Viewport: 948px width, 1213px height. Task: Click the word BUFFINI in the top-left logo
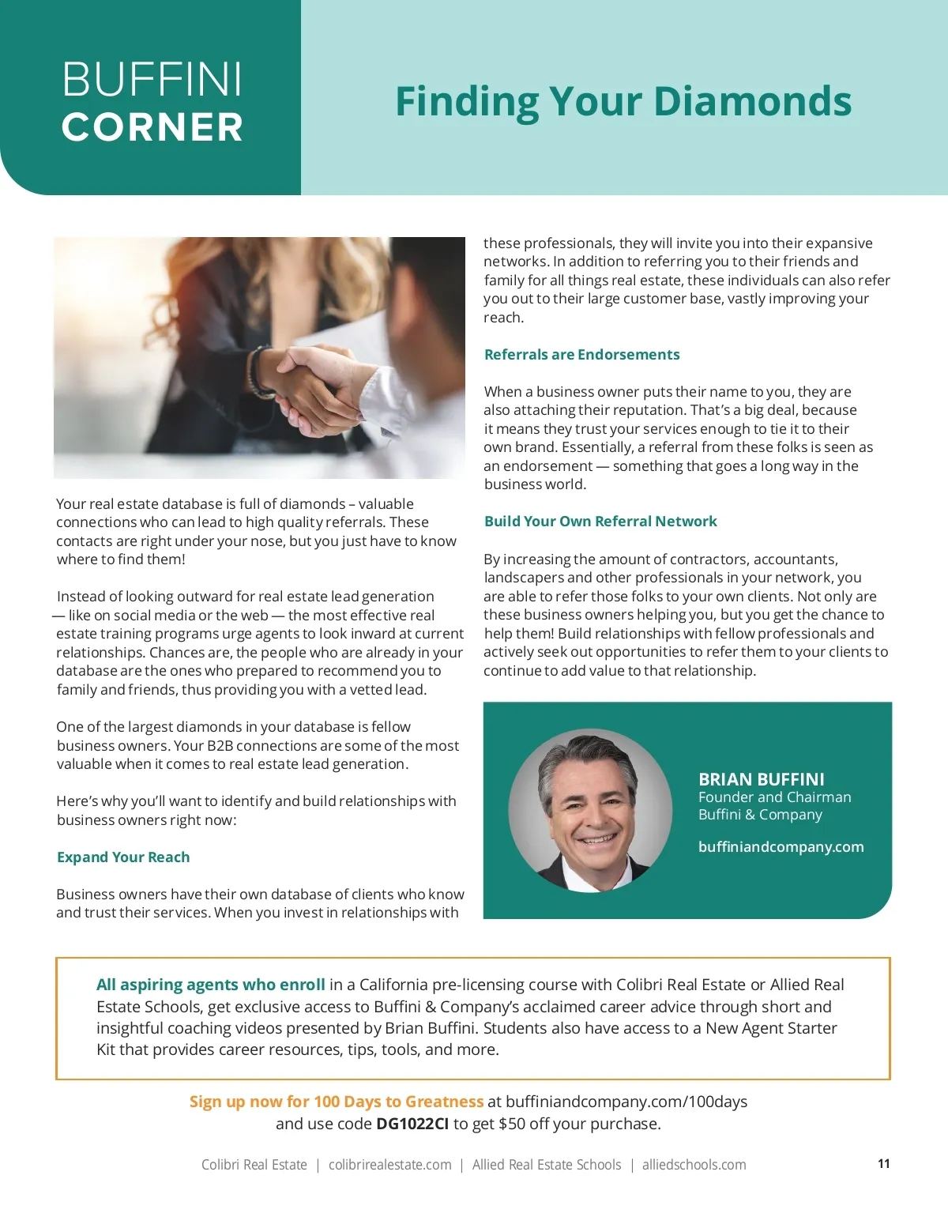click(152, 80)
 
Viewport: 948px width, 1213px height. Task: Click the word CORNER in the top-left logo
click(152, 127)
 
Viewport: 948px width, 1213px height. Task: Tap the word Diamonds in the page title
click(752, 101)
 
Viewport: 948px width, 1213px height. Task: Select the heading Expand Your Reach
click(123, 857)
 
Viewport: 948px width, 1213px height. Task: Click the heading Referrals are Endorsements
click(581, 354)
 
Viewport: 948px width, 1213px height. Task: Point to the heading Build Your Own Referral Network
click(600, 521)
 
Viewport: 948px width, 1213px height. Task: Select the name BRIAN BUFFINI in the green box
click(761, 778)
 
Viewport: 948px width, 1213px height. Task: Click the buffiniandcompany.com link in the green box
click(781, 846)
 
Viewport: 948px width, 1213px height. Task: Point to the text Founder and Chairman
click(774, 797)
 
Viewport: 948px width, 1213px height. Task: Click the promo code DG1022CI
click(412, 1123)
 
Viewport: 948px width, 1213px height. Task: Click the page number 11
click(883, 1163)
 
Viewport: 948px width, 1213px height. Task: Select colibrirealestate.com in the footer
click(389, 1164)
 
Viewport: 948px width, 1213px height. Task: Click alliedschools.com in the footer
click(694, 1164)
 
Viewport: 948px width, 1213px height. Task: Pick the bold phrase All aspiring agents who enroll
click(210, 984)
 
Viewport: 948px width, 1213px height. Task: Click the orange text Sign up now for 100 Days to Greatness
click(336, 1101)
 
